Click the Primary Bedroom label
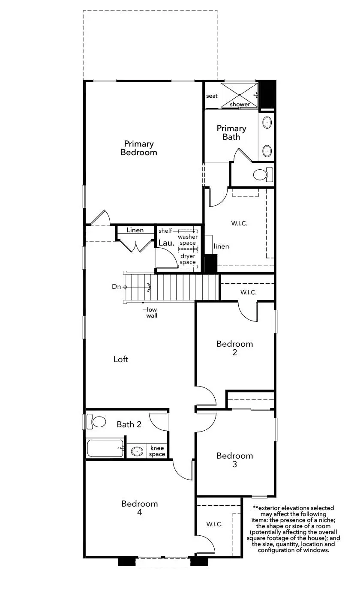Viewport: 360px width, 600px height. click(139, 148)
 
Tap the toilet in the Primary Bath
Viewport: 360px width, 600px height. click(262, 174)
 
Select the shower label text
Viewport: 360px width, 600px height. click(240, 104)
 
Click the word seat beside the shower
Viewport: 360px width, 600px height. click(212, 96)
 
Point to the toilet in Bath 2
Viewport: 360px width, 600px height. click(96, 422)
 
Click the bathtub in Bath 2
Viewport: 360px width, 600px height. click(105, 448)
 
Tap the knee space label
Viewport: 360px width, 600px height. click(157, 451)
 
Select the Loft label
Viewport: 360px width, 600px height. click(121, 359)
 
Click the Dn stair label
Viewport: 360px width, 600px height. click(116, 287)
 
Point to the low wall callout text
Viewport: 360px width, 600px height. click(152, 312)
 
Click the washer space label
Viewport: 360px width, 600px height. click(188, 240)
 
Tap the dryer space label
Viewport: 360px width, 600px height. click(188, 259)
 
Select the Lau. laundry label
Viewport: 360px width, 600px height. click(166, 243)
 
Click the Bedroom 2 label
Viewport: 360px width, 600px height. click(235, 348)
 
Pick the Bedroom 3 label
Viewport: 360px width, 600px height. click(235, 460)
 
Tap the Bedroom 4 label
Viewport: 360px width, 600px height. click(139, 508)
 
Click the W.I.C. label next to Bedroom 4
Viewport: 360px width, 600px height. click(214, 524)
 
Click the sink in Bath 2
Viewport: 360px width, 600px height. click(137, 451)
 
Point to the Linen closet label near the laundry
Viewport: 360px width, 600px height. click(135, 230)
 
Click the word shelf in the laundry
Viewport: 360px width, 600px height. click(165, 231)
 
